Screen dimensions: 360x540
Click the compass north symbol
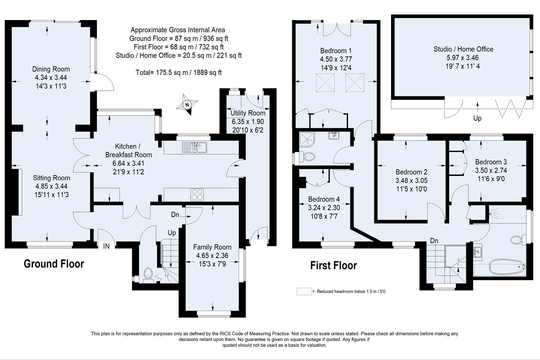187,105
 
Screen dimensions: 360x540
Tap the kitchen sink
195,147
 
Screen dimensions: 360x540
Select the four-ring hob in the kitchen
197,195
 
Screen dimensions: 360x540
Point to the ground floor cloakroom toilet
148,274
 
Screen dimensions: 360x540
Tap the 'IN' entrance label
106,246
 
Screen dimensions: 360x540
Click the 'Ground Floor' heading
54,264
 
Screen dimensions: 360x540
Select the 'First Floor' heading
333,265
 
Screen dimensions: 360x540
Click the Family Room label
212,247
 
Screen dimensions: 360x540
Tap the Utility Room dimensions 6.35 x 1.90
248,122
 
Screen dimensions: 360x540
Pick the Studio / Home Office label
463,49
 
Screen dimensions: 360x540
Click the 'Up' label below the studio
477,118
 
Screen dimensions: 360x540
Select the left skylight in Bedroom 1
325,82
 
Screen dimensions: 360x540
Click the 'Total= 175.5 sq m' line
179,72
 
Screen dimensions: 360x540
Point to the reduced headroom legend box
304,291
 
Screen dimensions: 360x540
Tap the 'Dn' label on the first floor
434,241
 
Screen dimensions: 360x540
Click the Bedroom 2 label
411,172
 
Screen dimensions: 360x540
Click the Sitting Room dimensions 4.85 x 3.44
51,186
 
